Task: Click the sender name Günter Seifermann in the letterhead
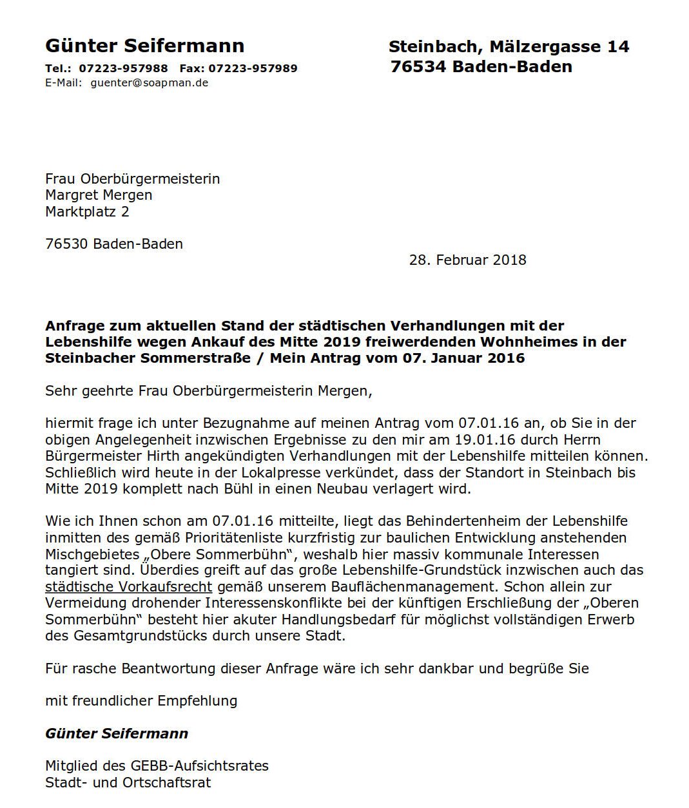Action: coord(144,46)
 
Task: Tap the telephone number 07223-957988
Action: coord(124,68)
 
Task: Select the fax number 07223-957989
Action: coord(253,68)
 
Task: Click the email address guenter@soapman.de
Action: coord(150,83)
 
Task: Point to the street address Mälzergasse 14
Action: coord(558,47)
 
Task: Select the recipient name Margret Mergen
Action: coord(99,195)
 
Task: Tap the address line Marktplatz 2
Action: coord(87,211)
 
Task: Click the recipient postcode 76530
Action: coord(66,244)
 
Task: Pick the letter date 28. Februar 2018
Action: coord(467,260)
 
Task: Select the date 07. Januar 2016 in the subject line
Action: coord(464,358)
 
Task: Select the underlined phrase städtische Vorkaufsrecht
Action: coord(128,587)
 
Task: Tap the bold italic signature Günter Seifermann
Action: coord(117,734)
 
